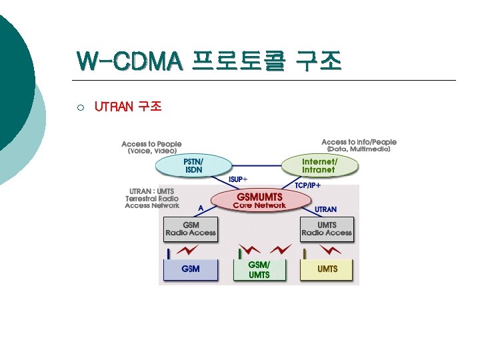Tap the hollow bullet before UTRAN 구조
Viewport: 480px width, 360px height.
(x=79, y=107)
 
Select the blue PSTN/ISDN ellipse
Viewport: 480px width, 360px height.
(x=194, y=165)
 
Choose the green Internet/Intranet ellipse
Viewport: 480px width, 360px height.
(x=319, y=165)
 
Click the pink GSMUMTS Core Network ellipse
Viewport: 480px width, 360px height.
(x=259, y=200)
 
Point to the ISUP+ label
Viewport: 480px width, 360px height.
(x=238, y=180)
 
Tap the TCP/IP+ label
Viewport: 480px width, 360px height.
(x=307, y=185)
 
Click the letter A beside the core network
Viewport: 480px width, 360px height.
(x=201, y=208)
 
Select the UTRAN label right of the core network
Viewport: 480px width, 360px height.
(x=325, y=209)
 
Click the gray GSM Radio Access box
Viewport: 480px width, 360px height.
(x=191, y=229)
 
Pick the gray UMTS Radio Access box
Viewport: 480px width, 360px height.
(x=326, y=229)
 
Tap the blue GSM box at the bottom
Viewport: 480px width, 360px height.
(x=191, y=269)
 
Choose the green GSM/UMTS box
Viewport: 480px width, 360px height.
(x=259, y=270)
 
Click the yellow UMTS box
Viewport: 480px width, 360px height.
(x=327, y=269)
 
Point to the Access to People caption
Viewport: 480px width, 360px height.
(x=151, y=144)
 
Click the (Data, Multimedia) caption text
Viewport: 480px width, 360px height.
(x=359, y=150)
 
